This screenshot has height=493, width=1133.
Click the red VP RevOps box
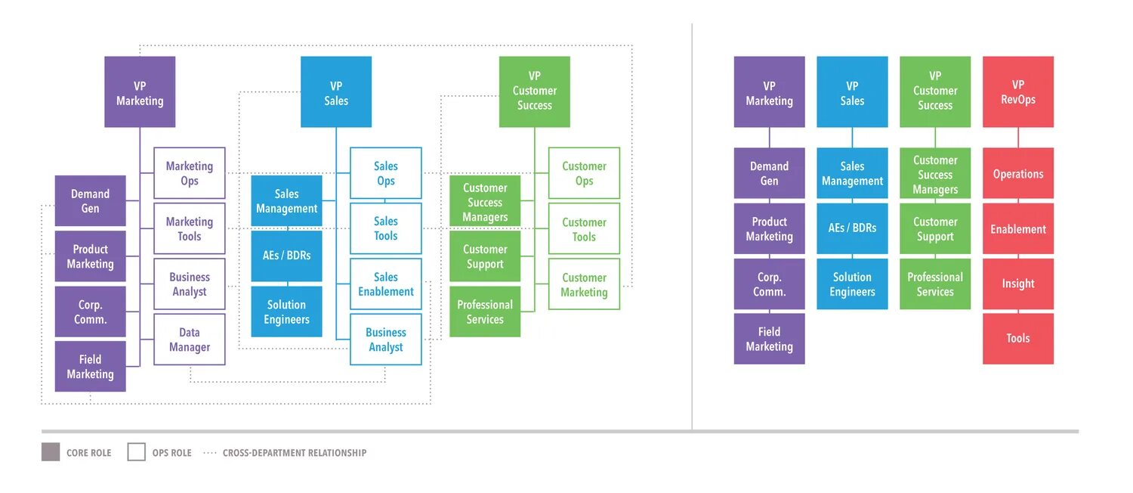[1017, 91]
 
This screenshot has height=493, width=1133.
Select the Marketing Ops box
[189, 173]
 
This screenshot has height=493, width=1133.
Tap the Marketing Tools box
[189, 228]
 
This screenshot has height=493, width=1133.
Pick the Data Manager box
[189, 340]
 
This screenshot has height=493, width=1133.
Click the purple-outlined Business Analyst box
[189, 284]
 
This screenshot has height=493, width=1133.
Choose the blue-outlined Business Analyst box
[385, 340]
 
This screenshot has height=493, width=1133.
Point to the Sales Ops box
[385, 173]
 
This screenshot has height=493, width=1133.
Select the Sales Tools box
[385, 228]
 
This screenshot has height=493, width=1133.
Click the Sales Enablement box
[385, 284]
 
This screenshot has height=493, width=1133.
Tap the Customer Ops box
[584, 173]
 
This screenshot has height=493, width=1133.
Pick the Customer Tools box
[584, 228]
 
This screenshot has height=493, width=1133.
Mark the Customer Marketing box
[584, 284]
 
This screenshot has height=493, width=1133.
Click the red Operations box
[1017, 173]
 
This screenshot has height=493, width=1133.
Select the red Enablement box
[1017, 228]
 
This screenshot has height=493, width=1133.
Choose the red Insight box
[1017, 284]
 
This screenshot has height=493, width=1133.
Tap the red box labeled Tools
[1017, 339]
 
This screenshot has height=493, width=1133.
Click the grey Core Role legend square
[51, 452]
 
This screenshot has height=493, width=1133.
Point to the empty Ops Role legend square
[136, 452]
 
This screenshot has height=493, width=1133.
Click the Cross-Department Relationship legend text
[295, 452]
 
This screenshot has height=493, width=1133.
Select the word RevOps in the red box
[1017, 99]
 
